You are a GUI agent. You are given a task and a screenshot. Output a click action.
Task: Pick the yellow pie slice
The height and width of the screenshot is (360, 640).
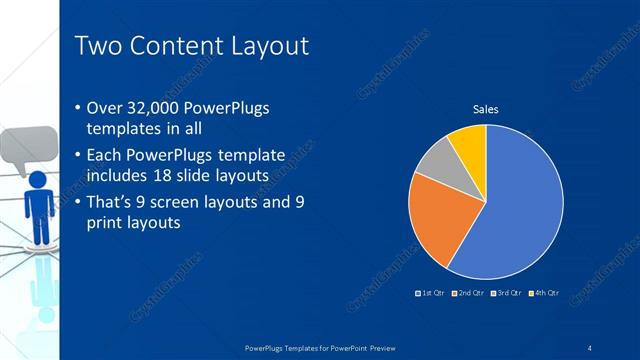pos(469,143)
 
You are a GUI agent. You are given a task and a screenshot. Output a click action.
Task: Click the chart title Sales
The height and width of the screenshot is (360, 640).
pos(485,109)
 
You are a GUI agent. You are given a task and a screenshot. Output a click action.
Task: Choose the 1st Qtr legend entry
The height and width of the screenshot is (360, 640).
pos(429,292)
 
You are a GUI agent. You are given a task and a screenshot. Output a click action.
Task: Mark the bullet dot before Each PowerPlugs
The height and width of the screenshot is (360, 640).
pos(80,156)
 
